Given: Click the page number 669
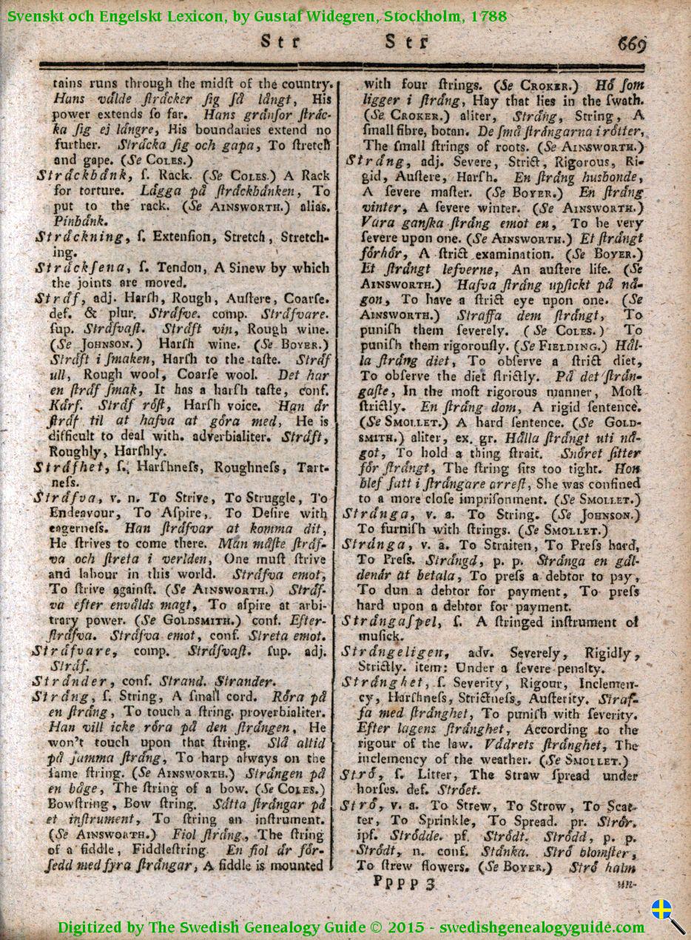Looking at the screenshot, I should pos(629,44).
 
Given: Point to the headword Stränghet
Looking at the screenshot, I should pos(384,682).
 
